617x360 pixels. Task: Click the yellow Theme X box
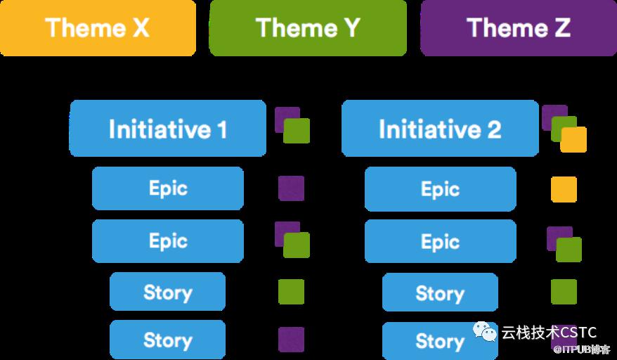coord(98,28)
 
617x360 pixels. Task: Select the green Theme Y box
coord(308,28)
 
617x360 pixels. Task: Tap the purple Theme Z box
coord(519,28)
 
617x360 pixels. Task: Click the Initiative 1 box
coord(168,129)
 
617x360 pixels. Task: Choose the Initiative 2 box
coord(440,129)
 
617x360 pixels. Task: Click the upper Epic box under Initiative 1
coord(168,188)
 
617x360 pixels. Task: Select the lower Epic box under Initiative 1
coord(168,241)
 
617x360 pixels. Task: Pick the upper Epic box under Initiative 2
coord(441,189)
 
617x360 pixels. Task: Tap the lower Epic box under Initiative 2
coord(441,241)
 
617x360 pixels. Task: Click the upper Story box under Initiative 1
coord(168,292)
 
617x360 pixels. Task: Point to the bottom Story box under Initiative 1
coord(168,340)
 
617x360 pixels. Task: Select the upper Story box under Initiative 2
coord(440,292)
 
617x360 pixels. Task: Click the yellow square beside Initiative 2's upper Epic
coord(564,189)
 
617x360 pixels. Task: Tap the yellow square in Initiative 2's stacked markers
coord(573,139)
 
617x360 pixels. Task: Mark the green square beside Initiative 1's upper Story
coord(291,292)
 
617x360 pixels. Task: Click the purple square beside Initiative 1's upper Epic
coord(291,188)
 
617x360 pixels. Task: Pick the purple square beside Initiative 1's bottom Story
coord(291,340)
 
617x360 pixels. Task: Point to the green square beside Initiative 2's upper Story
coord(564,292)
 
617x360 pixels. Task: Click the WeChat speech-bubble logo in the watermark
coord(485,332)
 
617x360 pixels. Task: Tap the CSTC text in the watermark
coord(578,333)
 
